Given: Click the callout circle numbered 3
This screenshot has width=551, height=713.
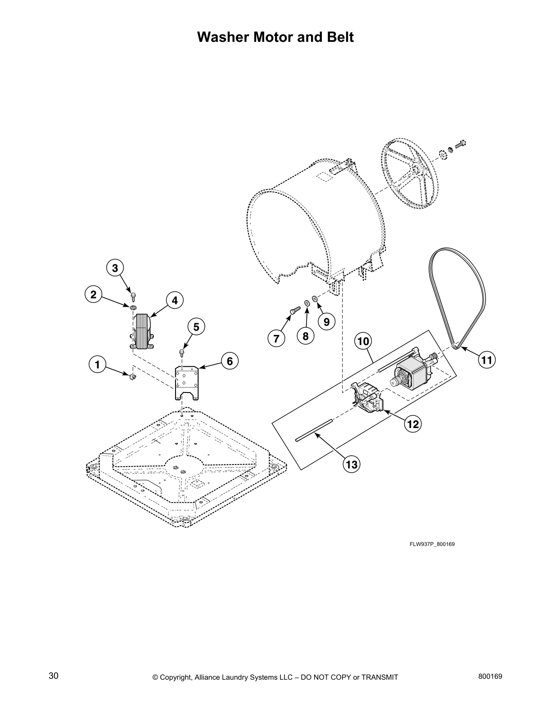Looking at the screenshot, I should click(115, 268).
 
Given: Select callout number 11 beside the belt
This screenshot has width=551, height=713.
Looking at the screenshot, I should click(487, 360).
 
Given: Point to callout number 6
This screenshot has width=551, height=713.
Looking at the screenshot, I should click(229, 361).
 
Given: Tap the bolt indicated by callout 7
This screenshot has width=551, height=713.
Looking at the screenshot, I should click(293, 310).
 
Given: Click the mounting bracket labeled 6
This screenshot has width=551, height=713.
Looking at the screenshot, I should click(187, 382).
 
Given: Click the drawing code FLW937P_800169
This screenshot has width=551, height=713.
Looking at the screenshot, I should click(432, 544).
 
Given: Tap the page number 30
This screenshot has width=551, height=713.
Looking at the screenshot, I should click(53, 676).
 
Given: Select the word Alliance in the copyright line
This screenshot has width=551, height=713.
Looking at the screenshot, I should click(209, 677).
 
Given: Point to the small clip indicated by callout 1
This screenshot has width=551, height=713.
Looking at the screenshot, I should click(132, 376).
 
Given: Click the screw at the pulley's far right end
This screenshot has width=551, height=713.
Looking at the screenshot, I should click(460, 144).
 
